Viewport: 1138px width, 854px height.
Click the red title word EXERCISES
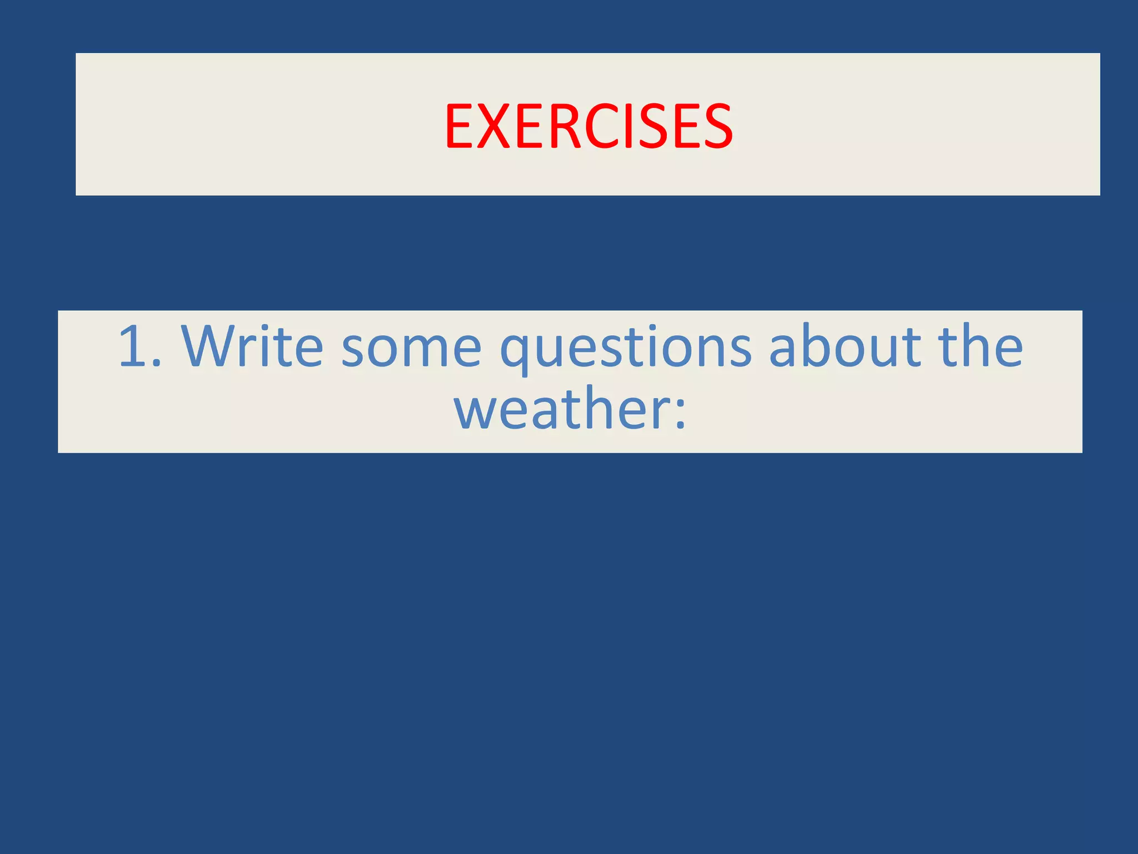coord(588,127)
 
